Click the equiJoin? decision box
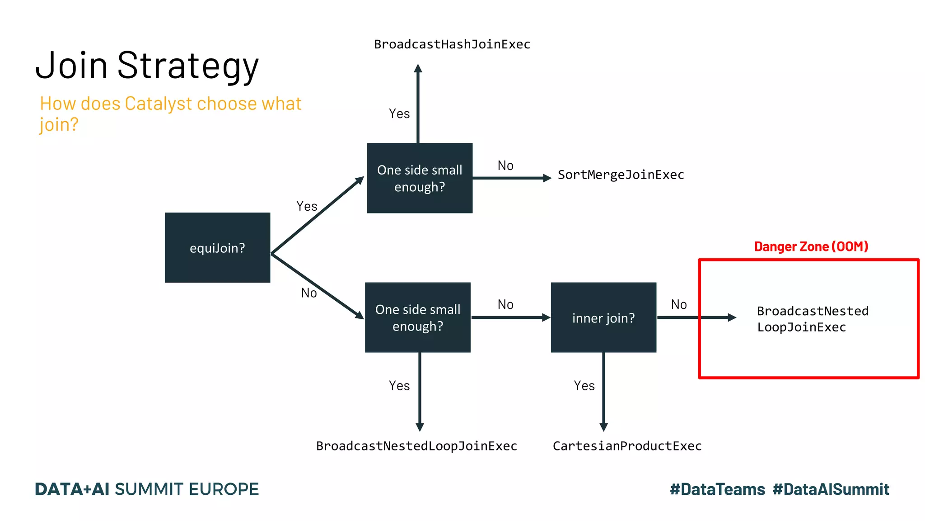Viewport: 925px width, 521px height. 217,247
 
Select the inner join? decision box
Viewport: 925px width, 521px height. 603,317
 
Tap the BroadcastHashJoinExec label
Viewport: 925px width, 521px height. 452,44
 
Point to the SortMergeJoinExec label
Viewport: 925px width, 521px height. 621,175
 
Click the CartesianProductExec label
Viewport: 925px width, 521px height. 627,446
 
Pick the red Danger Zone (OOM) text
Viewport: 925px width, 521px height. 811,246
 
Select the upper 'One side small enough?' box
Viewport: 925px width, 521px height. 420,178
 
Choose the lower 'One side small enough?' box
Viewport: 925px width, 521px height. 418,317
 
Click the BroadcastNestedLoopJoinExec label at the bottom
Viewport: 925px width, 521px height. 416,446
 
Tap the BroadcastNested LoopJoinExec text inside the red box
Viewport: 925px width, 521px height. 812,319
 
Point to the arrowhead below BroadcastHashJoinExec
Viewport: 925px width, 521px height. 418,69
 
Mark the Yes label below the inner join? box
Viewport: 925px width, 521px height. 584,386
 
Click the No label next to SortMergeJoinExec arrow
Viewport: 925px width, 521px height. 505,166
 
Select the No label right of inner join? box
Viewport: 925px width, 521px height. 678,304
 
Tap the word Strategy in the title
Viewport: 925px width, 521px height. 188,66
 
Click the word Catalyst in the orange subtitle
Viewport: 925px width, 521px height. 159,104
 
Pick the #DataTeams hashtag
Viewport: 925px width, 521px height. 717,489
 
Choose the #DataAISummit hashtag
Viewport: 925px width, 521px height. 831,489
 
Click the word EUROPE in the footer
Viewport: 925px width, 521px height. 224,489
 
